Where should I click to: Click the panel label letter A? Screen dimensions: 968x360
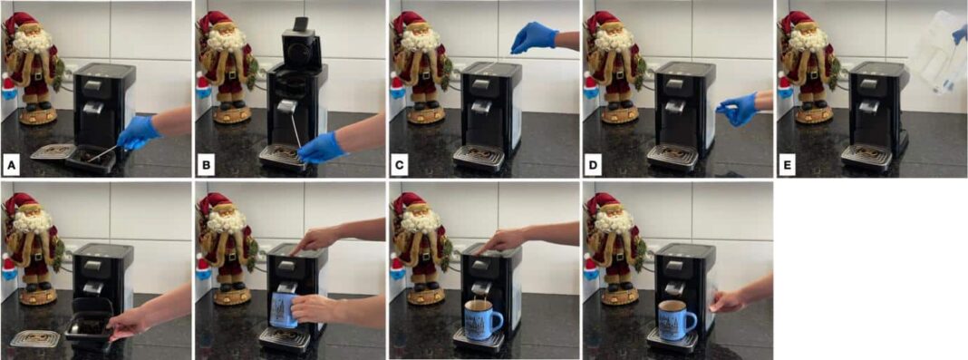(11, 165)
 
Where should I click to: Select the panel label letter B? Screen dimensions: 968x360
(205, 165)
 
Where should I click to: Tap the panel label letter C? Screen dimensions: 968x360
(399, 165)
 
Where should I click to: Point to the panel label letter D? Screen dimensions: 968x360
(593, 165)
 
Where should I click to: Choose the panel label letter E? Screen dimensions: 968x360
(787, 165)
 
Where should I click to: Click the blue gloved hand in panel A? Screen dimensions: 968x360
(139, 133)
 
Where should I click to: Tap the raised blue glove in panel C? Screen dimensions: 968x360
(535, 37)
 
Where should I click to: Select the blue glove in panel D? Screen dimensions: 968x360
(738, 109)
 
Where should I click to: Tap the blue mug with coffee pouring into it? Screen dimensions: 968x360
(482, 320)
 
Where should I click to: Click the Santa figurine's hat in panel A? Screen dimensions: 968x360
(24, 24)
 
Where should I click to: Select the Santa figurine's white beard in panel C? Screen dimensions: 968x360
(421, 41)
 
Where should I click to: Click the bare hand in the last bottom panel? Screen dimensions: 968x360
(729, 302)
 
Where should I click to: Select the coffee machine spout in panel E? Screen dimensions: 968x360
(868, 106)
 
